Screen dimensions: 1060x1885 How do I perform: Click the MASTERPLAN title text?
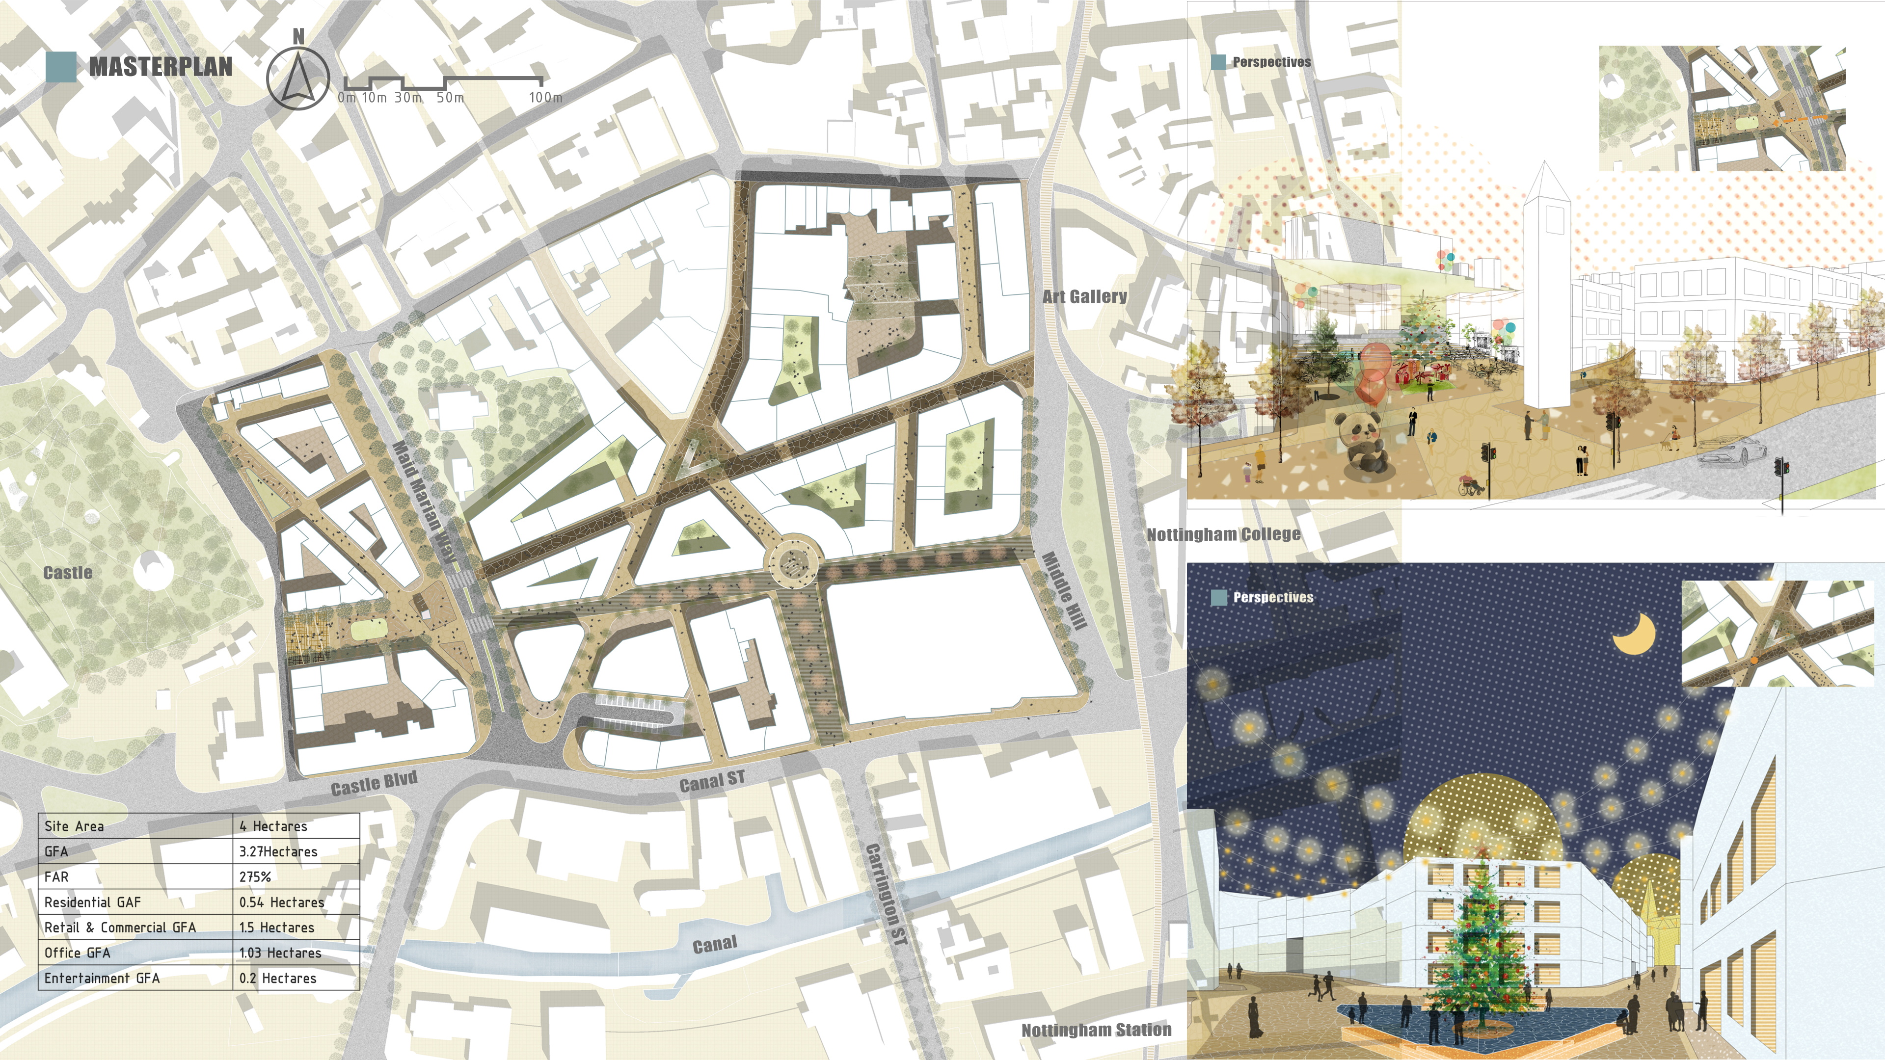[x=160, y=67]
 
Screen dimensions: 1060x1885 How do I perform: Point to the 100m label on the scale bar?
[x=545, y=97]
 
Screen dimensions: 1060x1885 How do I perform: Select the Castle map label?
[x=68, y=573]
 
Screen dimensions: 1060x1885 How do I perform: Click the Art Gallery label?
[x=1084, y=296]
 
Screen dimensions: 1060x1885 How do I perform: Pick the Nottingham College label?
[x=1223, y=535]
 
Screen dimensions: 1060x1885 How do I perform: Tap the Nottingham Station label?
[x=1096, y=1030]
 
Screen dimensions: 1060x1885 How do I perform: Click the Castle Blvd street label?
[x=374, y=784]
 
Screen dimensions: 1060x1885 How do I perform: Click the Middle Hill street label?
[x=1065, y=589]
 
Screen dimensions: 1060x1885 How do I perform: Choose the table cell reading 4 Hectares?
[x=273, y=826]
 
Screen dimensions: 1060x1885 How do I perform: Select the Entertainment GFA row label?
[x=102, y=978]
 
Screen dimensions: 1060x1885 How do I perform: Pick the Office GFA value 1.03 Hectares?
[x=280, y=953]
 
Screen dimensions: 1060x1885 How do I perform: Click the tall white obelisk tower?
[x=1546, y=292]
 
